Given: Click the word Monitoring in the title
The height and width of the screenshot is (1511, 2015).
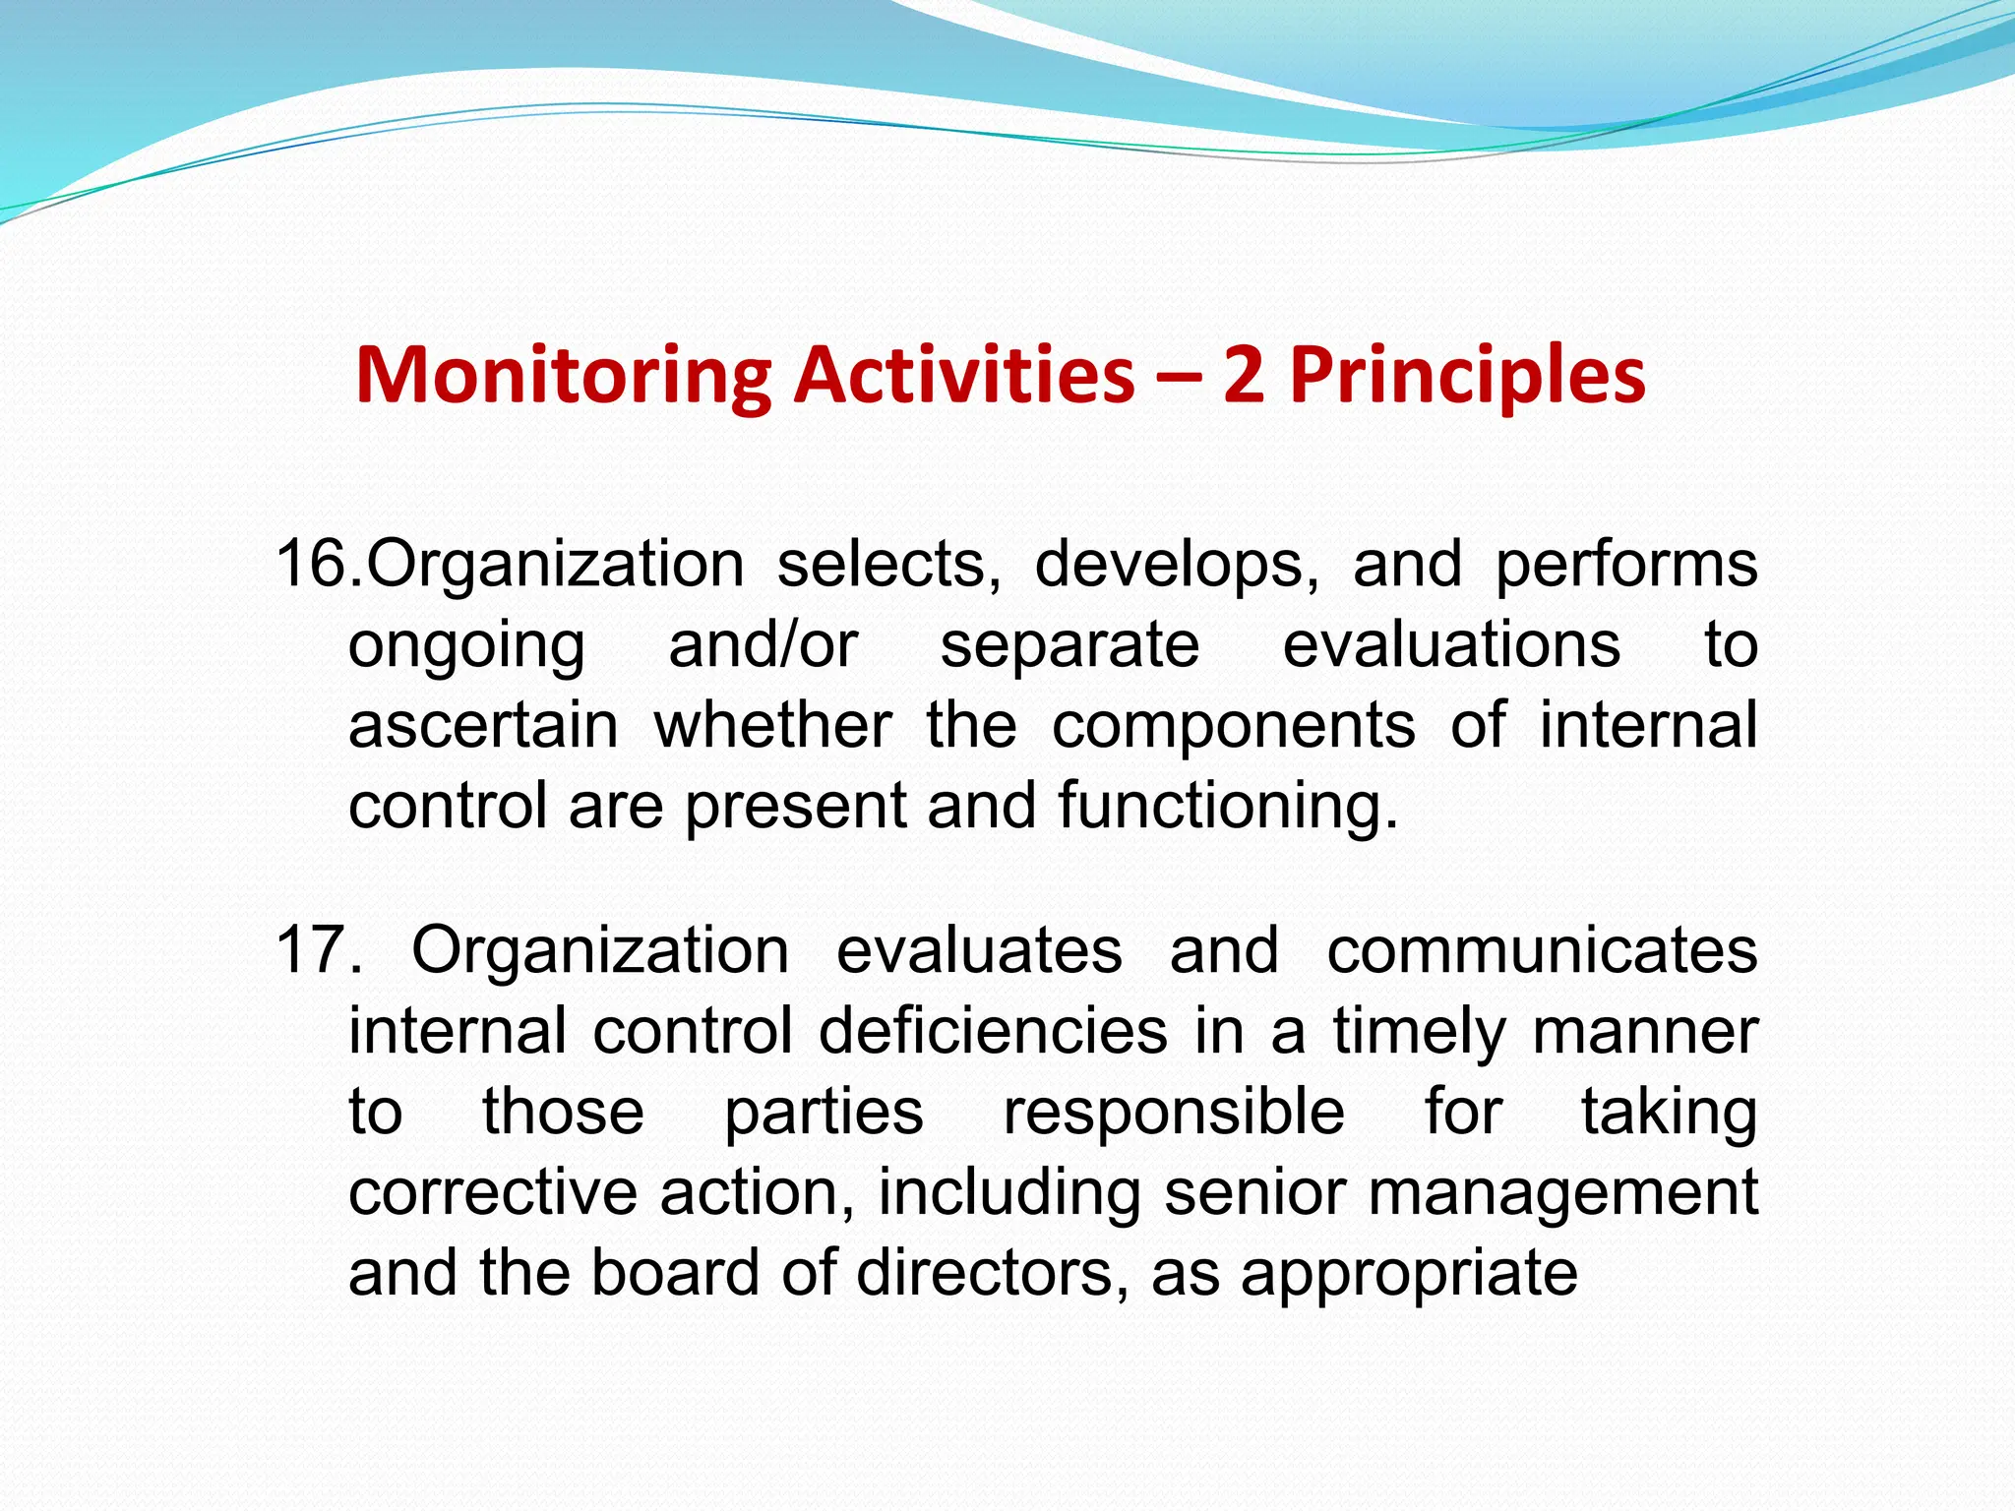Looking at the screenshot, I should coord(563,377).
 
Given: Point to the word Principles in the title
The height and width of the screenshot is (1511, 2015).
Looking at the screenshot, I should coord(1467,377).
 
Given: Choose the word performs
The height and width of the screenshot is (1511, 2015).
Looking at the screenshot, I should coord(1626,567).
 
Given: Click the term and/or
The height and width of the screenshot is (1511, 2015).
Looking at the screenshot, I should coord(763,645).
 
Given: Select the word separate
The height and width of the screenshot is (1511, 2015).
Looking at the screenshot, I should coord(1069,647).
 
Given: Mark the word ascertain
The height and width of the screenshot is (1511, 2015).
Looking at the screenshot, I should coord(483,726).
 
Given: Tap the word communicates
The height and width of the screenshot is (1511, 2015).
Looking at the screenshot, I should coord(1542,950).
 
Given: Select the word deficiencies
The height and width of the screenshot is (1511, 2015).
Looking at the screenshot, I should coord(993,1031).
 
